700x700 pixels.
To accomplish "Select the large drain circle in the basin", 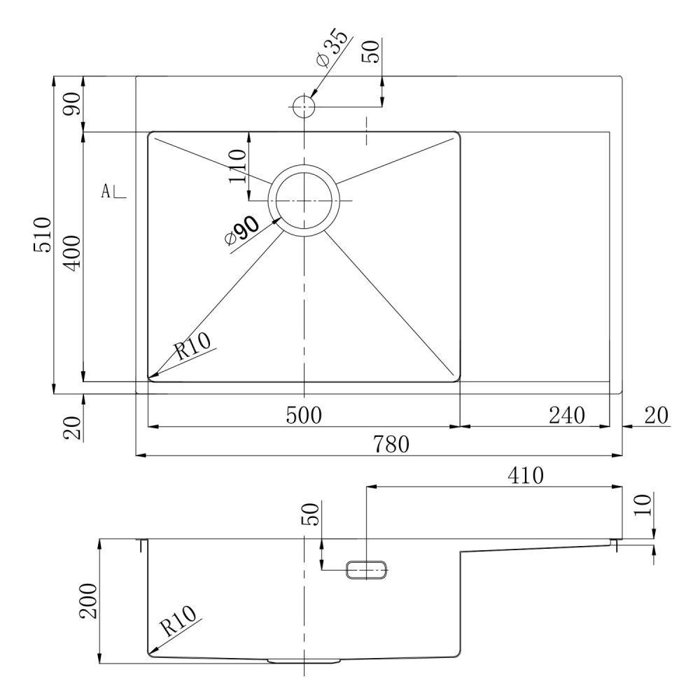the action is click(x=304, y=200).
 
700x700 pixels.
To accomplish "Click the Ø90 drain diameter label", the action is click(x=241, y=230).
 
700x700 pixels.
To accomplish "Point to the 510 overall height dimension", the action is click(x=43, y=234).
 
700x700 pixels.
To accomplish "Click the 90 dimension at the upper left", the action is click(x=72, y=104).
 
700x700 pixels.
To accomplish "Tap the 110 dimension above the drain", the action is click(x=237, y=166).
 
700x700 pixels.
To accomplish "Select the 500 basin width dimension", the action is click(x=304, y=415).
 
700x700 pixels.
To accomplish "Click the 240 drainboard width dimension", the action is click(x=566, y=415).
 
